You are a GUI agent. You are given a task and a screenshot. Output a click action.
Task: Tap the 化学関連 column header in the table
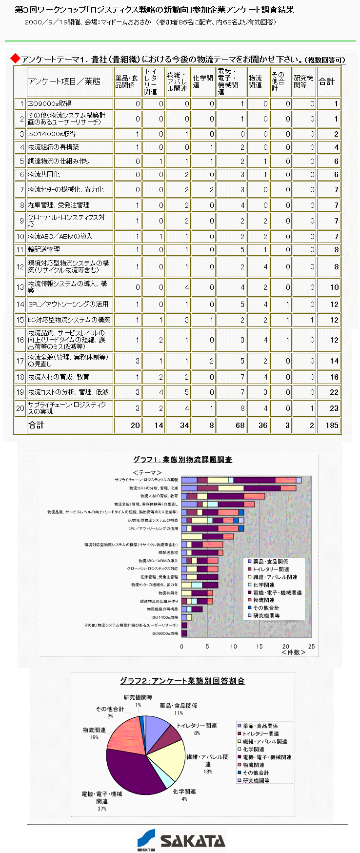202,81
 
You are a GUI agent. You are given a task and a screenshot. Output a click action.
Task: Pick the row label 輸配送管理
44,249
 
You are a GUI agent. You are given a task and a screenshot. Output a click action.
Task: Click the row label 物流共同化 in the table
44,174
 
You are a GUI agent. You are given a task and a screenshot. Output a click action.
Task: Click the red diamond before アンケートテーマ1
16,59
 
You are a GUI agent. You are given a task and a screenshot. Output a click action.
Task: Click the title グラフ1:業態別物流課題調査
182,460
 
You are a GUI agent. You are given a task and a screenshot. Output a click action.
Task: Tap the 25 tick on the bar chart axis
311,647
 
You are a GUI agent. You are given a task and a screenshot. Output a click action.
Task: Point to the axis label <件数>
294,652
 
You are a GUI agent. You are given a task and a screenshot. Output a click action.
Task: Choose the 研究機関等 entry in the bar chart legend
266,616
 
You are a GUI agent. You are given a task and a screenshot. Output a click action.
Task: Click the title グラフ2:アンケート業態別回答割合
182,681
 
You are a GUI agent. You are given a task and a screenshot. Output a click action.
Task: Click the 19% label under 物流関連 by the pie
94,737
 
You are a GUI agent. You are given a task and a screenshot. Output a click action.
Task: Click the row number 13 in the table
20,287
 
